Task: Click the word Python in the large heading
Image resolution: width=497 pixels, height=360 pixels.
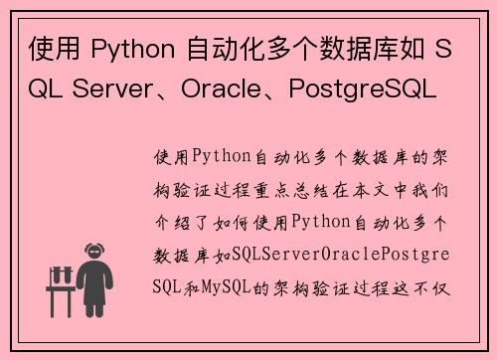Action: pyautogui.click(x=126, y=50)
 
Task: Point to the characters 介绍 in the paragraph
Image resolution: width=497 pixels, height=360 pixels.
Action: pyautogui.click(x=168, y=222)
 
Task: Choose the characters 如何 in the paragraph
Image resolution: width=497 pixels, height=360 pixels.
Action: pyautogui.click(x=236, y=222)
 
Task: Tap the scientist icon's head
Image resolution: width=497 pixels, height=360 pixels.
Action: pyautogui.click(x=95, y=253)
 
